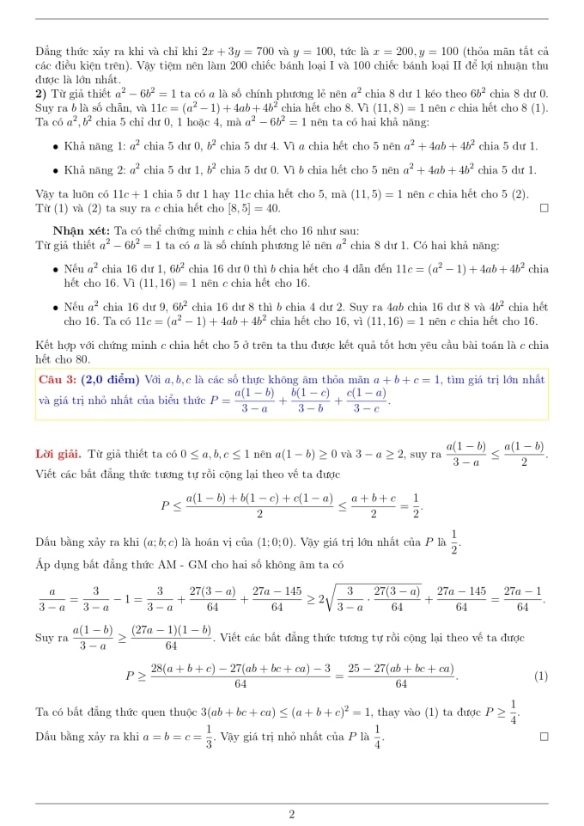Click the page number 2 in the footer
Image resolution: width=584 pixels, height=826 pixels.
click(x=292, y=814)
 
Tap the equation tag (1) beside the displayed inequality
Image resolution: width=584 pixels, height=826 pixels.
click(x=540, y=676)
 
